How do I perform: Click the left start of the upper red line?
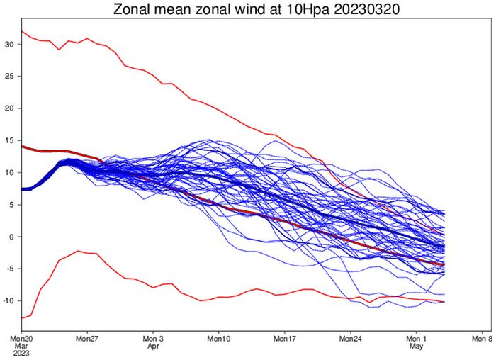tap(23, 31)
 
